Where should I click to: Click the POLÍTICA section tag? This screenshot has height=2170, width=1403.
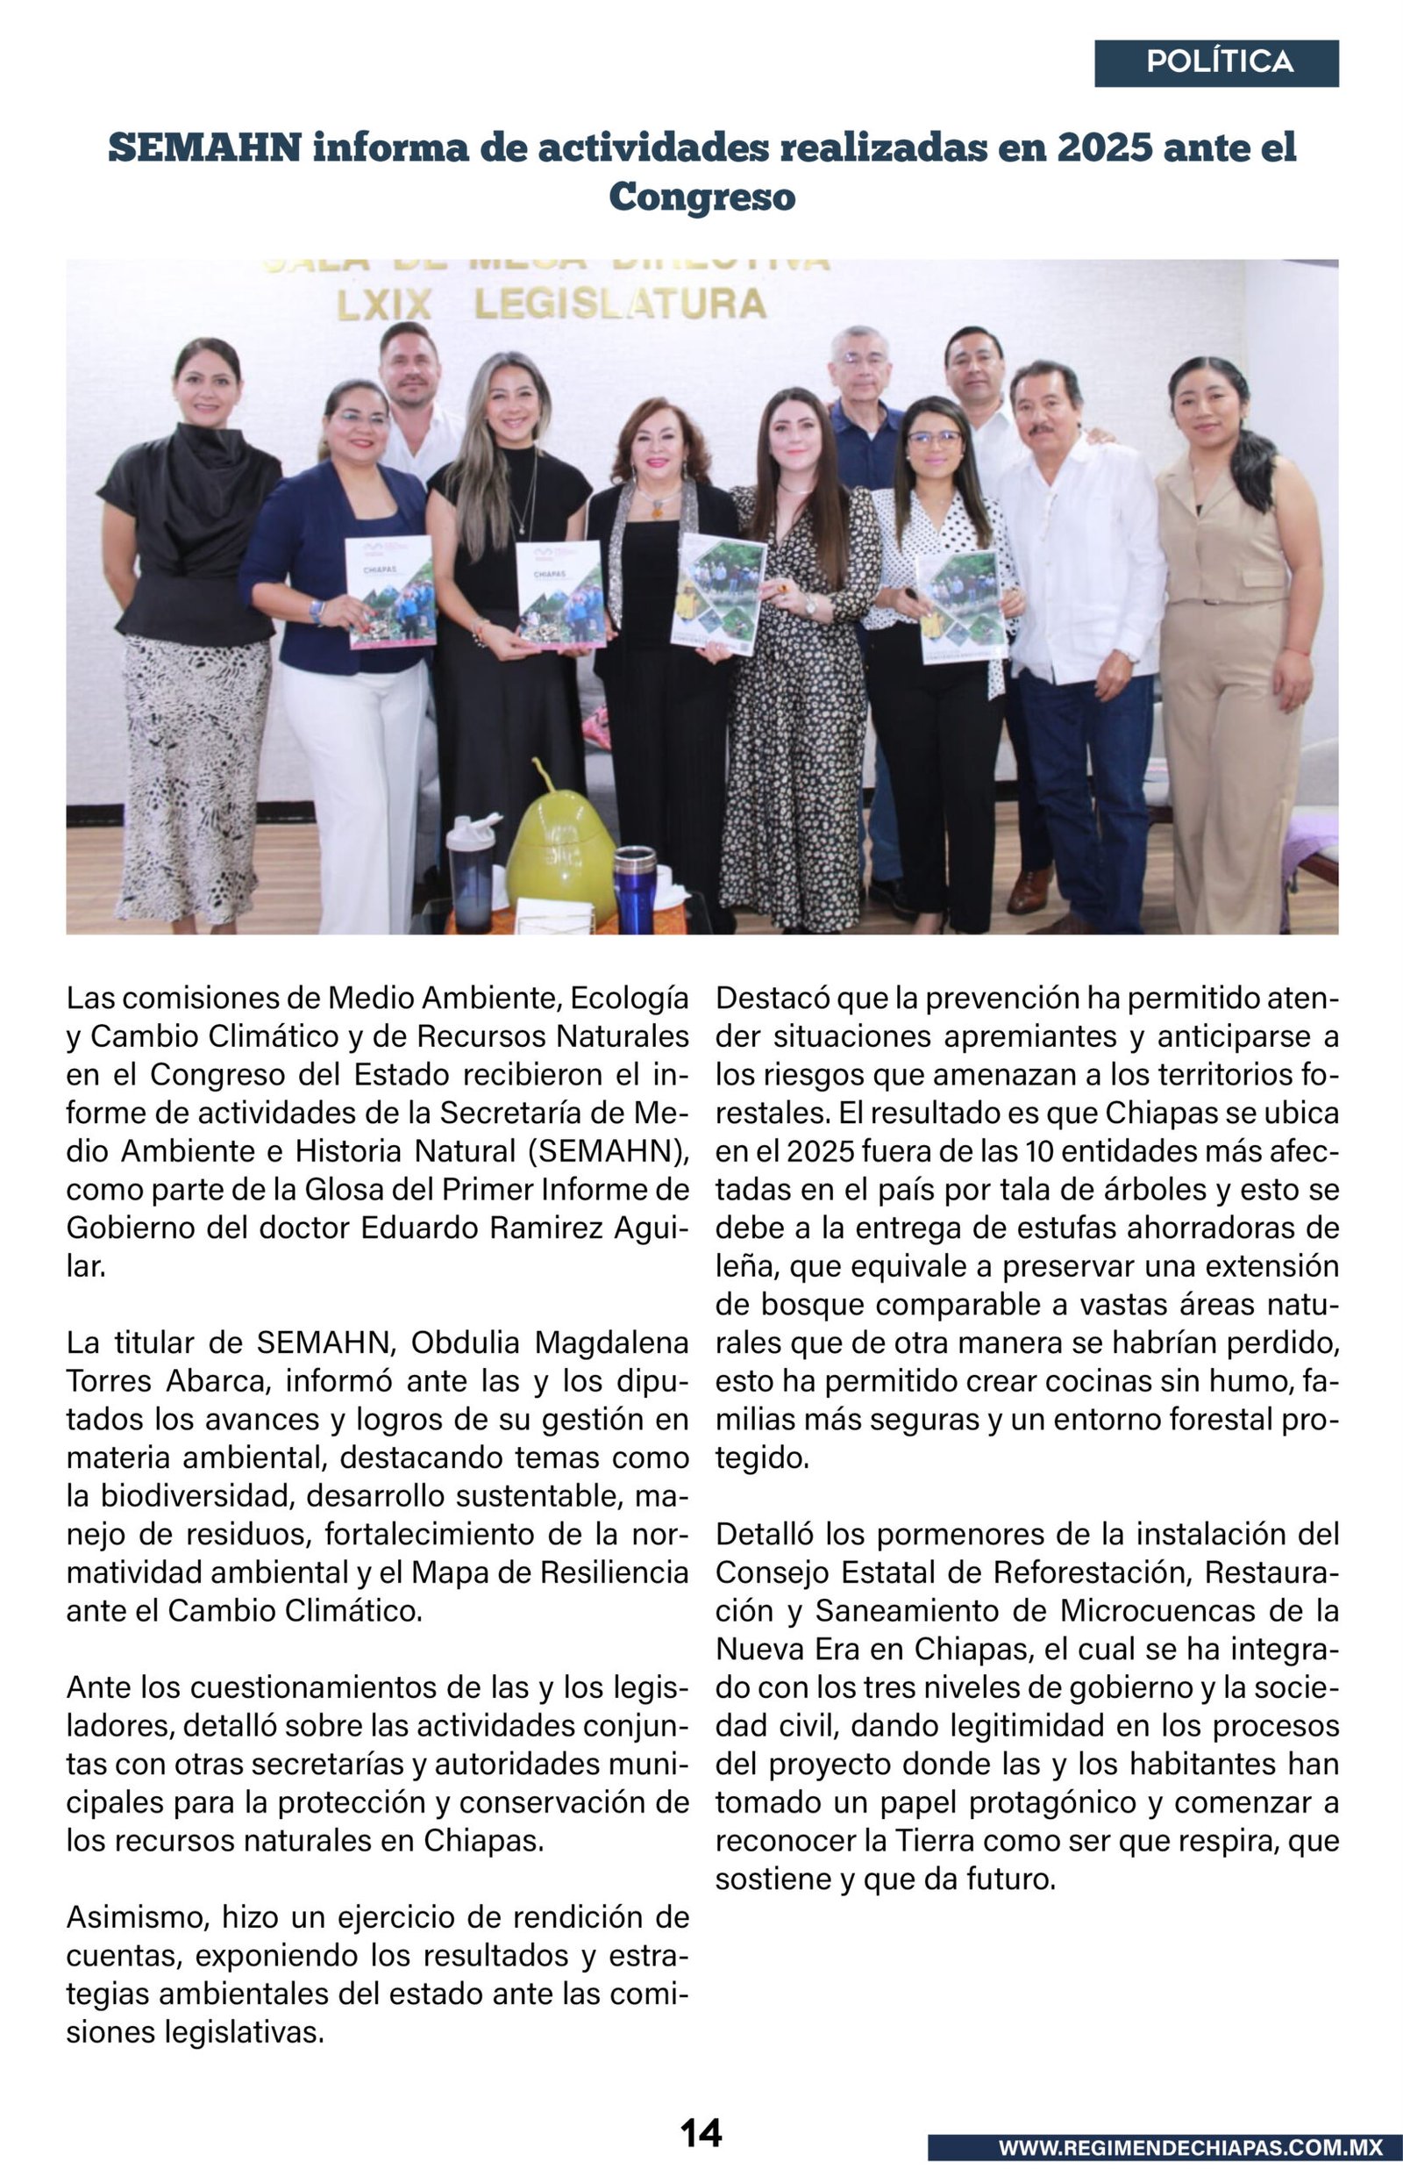click(1218, 63)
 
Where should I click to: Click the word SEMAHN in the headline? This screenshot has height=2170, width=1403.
click(204, 147)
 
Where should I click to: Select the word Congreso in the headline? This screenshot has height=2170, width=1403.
click(701, 196)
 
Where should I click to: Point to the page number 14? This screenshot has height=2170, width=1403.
click(701, 2131)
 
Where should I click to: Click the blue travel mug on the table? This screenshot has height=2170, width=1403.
click(634, 888)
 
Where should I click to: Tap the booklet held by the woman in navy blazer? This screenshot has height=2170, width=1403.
click(390, 591)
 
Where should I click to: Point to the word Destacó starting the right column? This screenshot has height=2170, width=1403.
click(772, 999)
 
